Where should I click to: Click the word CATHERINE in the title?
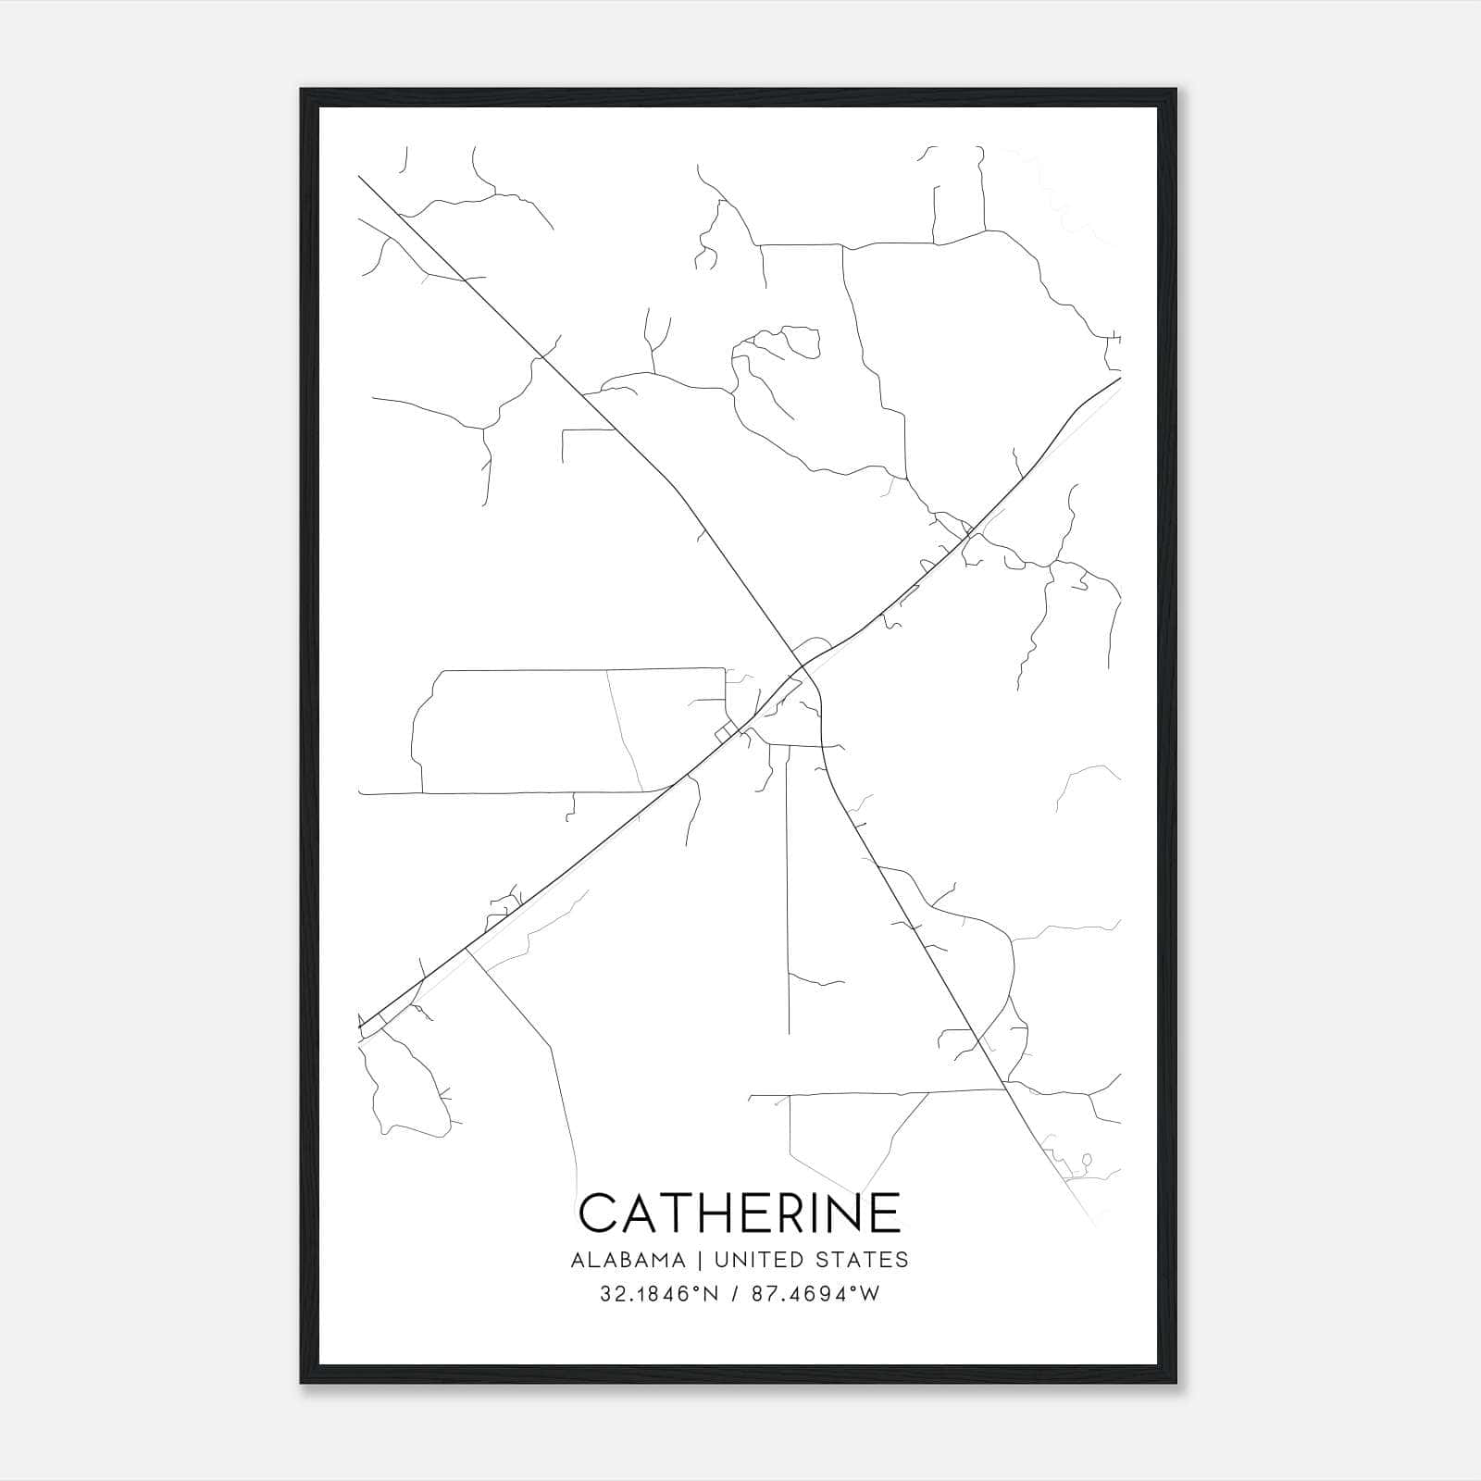[740, 1213]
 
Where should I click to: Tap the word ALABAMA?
[628, 1260]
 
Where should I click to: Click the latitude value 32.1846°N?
[659, 1294]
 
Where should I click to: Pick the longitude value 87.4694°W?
[815, 1294]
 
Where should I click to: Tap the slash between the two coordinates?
[736, 1294]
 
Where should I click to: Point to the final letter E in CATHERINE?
[884, 1213]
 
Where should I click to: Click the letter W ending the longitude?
[869, 1294]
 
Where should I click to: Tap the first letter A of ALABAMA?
[578, 1260]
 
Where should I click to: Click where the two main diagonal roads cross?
[803, 666]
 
